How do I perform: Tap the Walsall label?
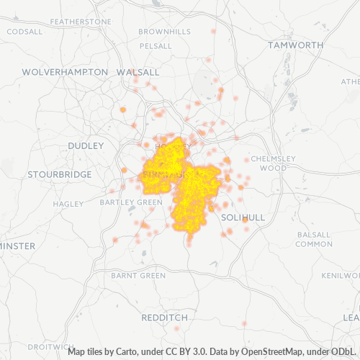coord(138,72)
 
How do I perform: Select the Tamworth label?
coord(295,45)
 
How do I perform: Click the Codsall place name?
coord(24,32)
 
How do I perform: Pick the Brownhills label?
coord(164,32)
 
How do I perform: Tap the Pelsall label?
coord(155,45)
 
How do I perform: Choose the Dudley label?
coord(86,145)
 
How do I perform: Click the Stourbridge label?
coord(59,174)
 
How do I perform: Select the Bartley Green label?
coord(131,202)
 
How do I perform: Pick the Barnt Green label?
coord(138,275)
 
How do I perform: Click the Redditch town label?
coord(164,317)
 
